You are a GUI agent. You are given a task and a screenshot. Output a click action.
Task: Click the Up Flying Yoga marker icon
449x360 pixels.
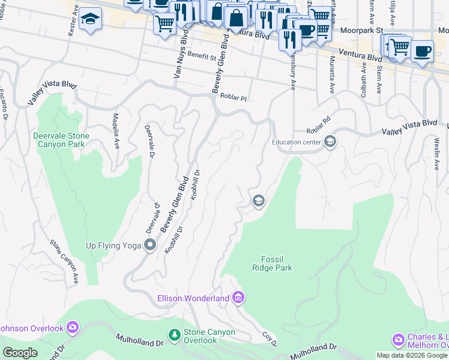click(150, 245)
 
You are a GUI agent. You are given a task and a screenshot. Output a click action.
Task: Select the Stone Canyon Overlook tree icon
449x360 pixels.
click(174, 334)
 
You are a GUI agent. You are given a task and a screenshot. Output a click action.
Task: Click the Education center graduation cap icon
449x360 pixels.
click(329, 142)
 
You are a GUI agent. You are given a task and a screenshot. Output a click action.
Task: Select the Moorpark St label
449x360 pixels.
click(361, 29)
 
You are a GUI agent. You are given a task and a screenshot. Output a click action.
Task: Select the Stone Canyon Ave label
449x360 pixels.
click(65, 262)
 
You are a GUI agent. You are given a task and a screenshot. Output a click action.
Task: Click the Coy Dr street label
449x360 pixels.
click(269, 338)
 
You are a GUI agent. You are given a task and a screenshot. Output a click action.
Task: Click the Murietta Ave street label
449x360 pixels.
click(331, 75)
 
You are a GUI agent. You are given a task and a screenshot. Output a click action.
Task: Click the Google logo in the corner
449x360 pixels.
click(20, 353)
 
